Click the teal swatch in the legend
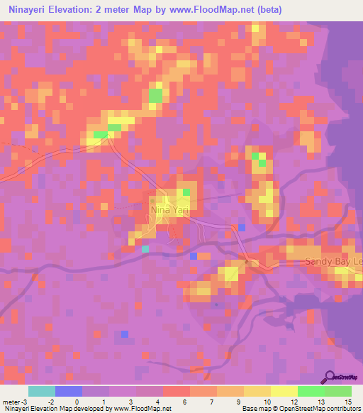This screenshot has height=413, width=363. pos(41,391)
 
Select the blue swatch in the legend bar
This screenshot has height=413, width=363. pos(68,391)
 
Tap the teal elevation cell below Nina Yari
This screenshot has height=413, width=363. pos(145,248)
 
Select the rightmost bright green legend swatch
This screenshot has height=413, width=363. pos(337,391)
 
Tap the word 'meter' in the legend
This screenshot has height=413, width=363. pos(11,401)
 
